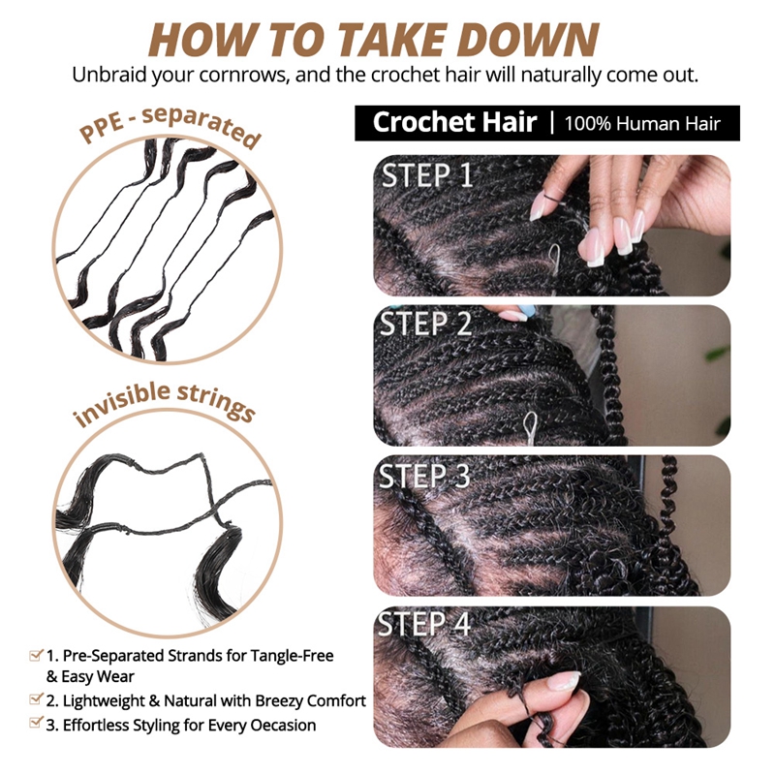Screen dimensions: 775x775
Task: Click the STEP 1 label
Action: [427, 175]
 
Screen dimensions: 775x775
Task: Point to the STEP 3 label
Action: [425, 476]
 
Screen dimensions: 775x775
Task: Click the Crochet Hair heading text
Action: [454, 122]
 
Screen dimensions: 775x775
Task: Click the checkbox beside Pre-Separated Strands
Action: [36, 656]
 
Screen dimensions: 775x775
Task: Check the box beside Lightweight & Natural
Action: [36, 700]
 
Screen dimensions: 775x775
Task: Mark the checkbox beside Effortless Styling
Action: [36, 724]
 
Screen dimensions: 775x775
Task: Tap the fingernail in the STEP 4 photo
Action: [563, 680]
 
